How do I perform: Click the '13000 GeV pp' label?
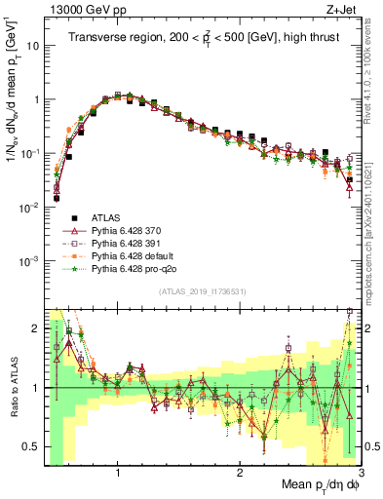click(x=79, y=9)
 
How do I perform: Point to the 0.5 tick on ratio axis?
click(x=34, y=446)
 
